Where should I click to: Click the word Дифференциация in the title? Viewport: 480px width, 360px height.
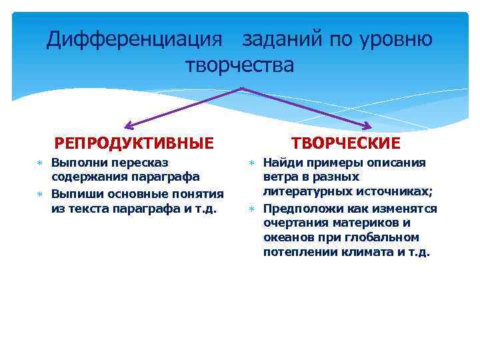coord(133,39)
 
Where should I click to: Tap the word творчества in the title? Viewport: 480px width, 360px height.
coord(239,65)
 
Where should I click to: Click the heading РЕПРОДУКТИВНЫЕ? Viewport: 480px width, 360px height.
coord(134,143)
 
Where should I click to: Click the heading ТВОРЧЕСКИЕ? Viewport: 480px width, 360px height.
coord(346,143)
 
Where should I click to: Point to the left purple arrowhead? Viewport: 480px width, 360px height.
coord(128,125)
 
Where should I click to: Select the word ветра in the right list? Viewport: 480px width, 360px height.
coord(278,177)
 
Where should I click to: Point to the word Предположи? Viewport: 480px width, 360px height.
coord(297,208)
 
